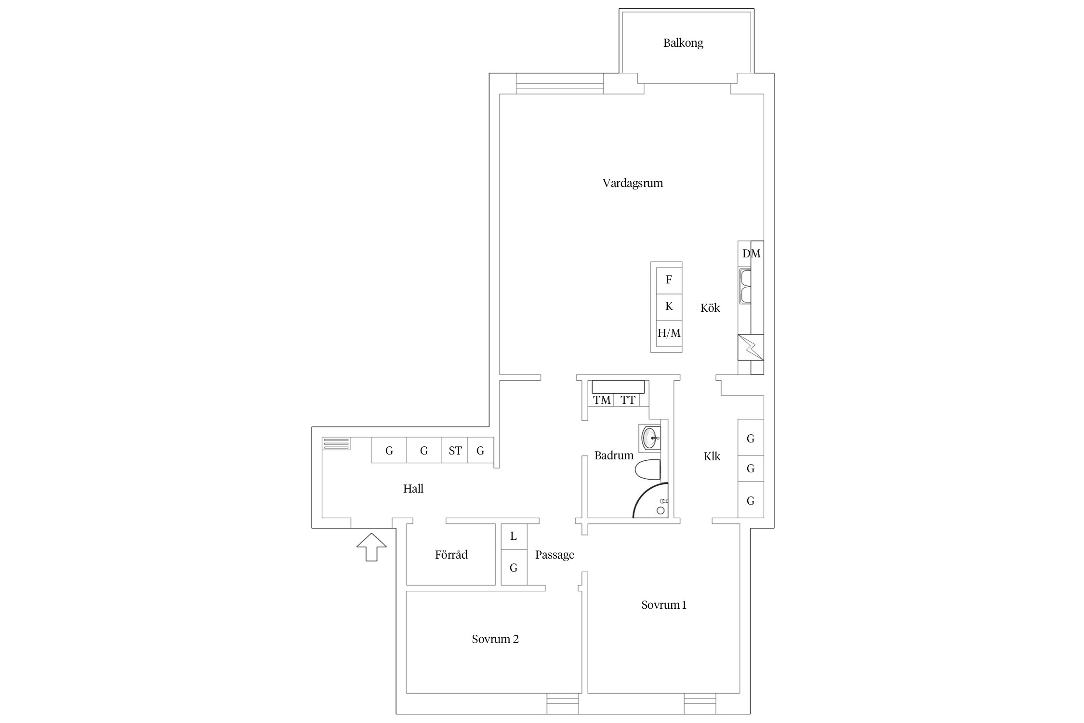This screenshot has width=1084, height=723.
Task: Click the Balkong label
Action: (683, 43)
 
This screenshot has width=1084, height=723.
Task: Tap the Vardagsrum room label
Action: (633, 183)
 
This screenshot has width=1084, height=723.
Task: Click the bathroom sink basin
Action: (651, 438)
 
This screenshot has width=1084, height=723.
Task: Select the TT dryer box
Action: (628, 400)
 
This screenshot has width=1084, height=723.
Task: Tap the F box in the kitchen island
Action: (669, 280)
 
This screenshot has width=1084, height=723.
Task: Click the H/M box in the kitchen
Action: (669, 333)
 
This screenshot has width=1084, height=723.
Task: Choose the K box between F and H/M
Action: (669, 307)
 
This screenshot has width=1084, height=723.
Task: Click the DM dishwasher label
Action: (751, 254)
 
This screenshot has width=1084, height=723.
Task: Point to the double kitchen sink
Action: (745, 286)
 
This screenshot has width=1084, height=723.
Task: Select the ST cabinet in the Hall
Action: (455, 450)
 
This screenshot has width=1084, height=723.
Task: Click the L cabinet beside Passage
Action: (514, 536)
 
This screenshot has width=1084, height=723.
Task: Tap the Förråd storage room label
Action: (451, 555)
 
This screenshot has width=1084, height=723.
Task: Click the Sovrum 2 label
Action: (495, 639)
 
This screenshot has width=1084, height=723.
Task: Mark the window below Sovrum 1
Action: (700, 703)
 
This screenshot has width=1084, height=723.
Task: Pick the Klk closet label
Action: (712, 456)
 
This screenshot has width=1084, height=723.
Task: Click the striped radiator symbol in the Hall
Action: (336, 444)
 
